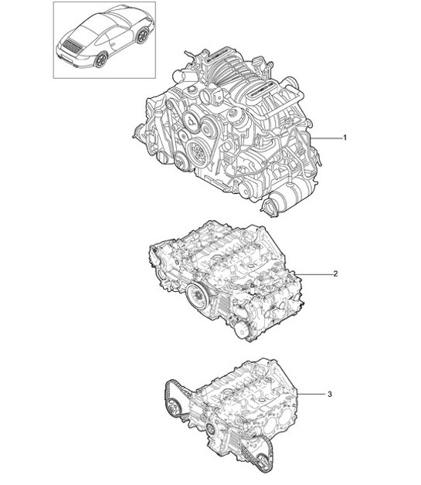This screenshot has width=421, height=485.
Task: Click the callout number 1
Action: [x=344, y=137]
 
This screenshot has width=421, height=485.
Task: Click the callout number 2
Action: [x=334, y=274]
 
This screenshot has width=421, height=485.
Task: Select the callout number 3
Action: [x=330, y=395]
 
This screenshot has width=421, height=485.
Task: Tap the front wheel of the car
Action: [x=142, y=35]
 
